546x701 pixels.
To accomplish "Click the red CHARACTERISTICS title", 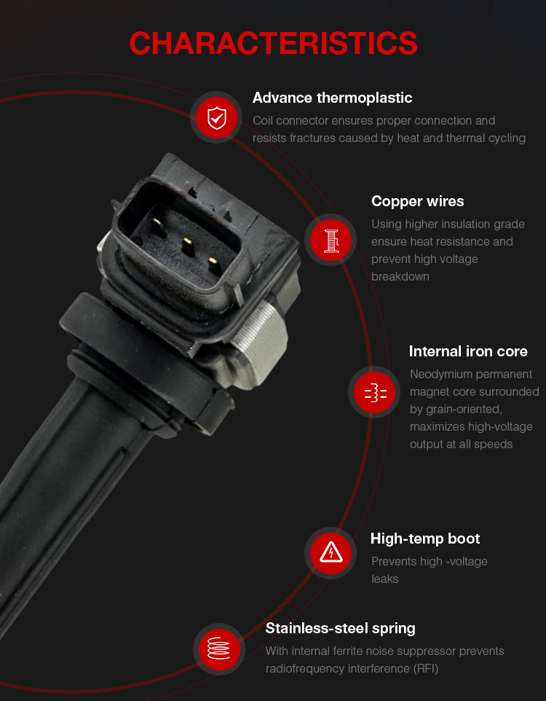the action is pos(273,44).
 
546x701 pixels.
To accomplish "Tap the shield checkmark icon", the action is pos(217,117).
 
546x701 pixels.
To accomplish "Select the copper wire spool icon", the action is pos(331,240).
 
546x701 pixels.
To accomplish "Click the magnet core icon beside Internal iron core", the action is pos(375,393).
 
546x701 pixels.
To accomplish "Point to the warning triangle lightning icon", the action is pos(331,552).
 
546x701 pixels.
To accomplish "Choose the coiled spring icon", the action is pos(219,649).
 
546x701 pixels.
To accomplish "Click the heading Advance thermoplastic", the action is pos(332,98).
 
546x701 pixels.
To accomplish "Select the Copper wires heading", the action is pos(417,201).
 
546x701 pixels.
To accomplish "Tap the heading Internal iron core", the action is pos(468,351).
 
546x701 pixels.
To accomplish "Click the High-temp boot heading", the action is pos(425,539).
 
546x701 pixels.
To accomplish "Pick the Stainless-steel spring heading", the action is pos(340,628).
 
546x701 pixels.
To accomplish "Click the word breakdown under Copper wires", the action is pos(400,277).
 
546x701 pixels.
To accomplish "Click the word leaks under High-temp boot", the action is pos(384,579).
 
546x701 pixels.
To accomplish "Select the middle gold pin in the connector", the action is pos(188,246).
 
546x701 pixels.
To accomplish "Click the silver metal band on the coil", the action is pos(260,339).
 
